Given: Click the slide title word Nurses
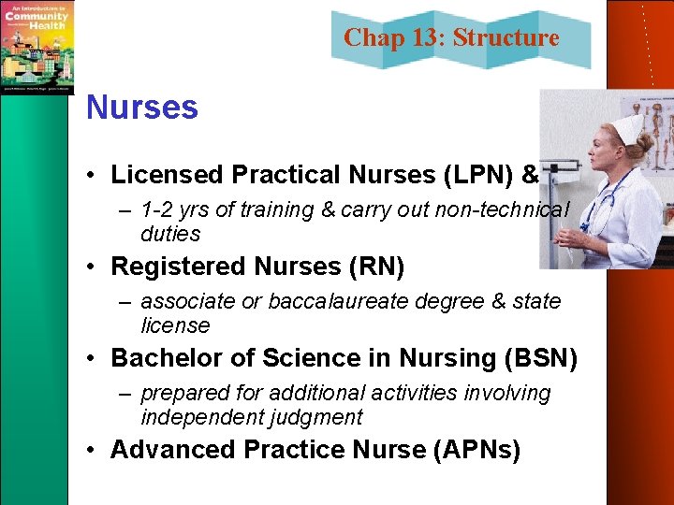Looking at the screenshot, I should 142,108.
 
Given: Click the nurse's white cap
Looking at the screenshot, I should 626,127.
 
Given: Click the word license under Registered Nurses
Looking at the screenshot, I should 175,325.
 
